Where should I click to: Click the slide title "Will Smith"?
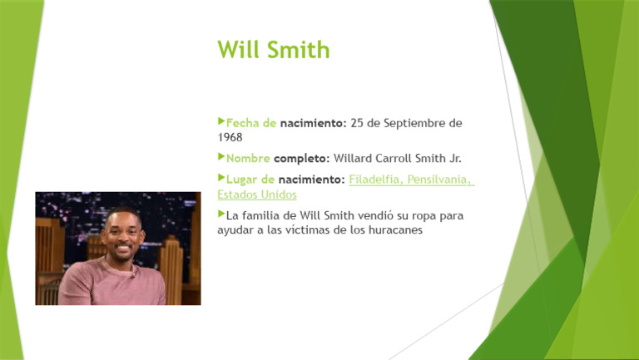pos(273,50)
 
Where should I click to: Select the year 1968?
pos(230,137)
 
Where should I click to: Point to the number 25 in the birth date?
pos(357,124)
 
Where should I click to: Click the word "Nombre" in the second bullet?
pos(248,158)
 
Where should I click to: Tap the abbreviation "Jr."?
pos(454,158)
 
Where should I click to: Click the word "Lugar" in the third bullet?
pos(242,180)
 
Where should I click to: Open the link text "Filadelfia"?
pos(374,180)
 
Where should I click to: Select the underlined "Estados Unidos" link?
pos(256,195)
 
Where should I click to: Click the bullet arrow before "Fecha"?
pos(221,122)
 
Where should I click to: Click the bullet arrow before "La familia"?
pos(221,214)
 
